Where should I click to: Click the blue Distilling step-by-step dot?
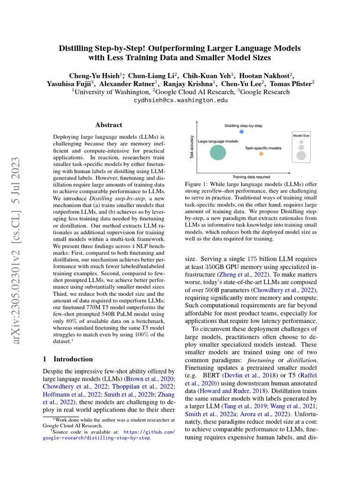pyautogui.click(x=241, y=132)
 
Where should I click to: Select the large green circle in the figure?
pyautogui.click(x=217, y=152)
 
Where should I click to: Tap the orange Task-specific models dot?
pyautogui.click(x=261, y=154)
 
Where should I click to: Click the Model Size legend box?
pyautogui.click(x=301, y=147)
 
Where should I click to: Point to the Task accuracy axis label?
pyautogui.click(x=192, y=147)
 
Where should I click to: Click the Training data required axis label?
pyautogui.click(x=251, y=177)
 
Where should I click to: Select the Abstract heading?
pyautogui.click(x=109, y=125)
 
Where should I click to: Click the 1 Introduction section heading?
pyautogui.click(x=67, y=359)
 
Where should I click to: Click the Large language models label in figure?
pyautogui.click(x=218, y=141)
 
